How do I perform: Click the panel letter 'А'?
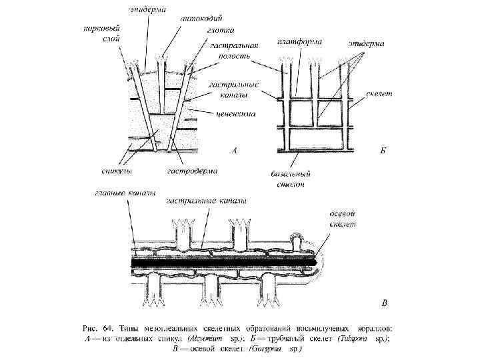click(x=234, y=151)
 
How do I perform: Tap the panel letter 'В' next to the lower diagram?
click(x=384, y=303)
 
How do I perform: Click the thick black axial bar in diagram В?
click(x=220, y=261)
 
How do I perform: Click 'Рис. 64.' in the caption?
click(x=101, y=328)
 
